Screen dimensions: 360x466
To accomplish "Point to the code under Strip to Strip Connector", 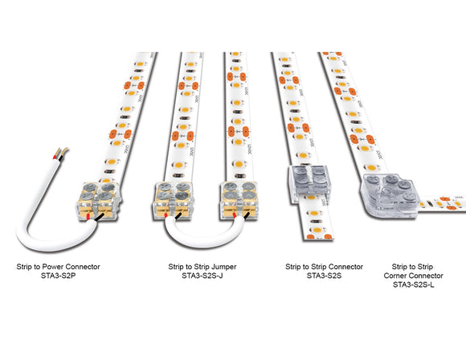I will tap(324, 275).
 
